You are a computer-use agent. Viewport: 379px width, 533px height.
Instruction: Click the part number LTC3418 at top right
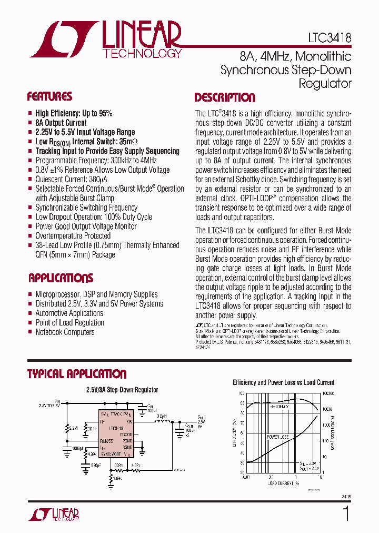[330, 38]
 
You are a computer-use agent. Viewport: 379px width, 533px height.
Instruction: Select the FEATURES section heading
[49, 97]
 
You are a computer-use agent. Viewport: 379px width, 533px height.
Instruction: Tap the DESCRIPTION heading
[225, 98]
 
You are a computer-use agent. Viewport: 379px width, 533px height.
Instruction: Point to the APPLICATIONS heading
[61, 278]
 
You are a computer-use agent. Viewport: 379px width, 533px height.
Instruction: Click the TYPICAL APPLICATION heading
[77, 374]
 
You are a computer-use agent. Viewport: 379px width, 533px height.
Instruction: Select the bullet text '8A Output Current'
[61, 123]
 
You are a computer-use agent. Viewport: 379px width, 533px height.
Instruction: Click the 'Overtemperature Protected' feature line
[73, 236]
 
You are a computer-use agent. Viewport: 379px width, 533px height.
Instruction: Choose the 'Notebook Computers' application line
[65, 332]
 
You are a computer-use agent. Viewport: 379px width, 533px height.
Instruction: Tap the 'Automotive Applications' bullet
[69, 313]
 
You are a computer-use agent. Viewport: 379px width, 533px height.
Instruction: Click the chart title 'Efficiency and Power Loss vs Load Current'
[284, 383]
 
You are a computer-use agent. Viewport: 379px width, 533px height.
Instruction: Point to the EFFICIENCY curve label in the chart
[280, 407]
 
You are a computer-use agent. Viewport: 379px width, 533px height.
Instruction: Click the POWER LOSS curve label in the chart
[277, 437]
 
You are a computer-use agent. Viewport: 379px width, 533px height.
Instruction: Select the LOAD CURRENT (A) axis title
[283, 483]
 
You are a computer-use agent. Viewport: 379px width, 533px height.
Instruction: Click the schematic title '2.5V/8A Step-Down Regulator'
[122, 390]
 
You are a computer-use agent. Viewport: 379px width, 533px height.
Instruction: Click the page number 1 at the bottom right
[346, 514]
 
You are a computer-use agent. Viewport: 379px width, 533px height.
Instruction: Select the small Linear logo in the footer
[53, 514]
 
